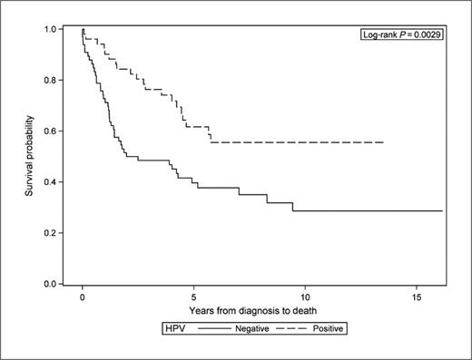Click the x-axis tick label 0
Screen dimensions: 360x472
tap(83, 296)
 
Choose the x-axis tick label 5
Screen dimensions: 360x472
tap(193, 296)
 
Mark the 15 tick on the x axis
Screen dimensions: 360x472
tap(416, 296)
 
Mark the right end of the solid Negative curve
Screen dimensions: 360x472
tap(442, 210)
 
